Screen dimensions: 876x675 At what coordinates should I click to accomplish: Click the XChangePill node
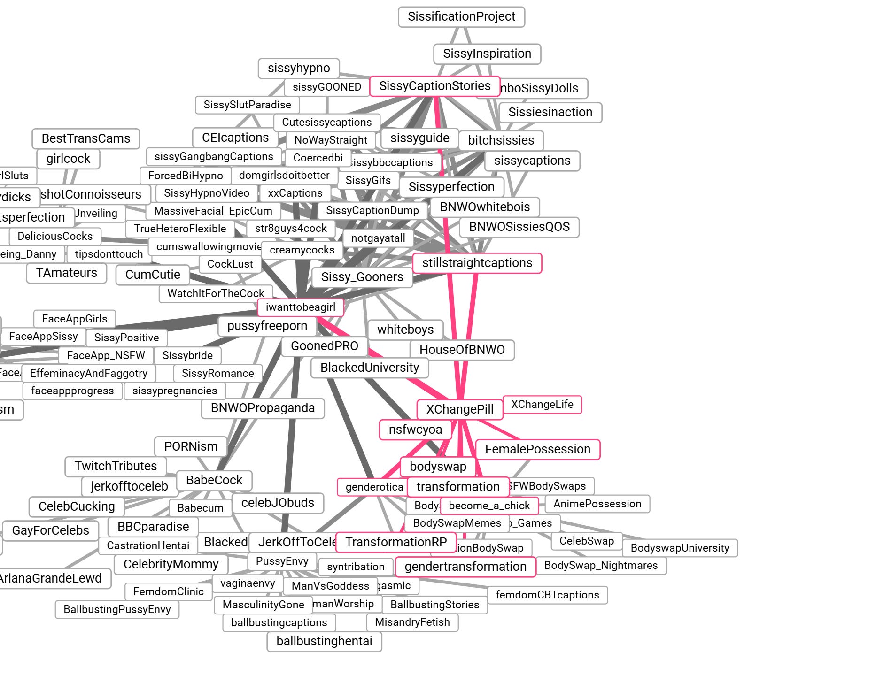[460, 409]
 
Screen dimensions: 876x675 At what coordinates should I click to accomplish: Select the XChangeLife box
[542, 404]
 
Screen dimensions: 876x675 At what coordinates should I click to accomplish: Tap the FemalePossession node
[537, 449]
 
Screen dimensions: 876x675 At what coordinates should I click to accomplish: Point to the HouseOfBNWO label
[462, 350]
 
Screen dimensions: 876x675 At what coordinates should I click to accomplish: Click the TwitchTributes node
[116, 466]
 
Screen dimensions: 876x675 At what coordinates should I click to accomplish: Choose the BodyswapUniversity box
[680, 548]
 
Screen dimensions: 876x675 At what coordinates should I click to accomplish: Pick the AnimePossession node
[597, 504]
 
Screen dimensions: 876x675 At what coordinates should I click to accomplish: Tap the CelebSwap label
[586, 541]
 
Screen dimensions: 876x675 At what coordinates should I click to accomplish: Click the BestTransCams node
[85, 138]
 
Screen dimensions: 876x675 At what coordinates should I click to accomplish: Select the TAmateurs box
[66, 273]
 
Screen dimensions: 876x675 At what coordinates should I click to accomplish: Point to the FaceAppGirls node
[74, 319]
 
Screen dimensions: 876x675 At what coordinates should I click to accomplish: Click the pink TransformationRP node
[396, 542]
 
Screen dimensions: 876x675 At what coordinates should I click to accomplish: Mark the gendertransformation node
[465, 567]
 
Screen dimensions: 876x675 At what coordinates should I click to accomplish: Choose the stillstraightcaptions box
[477, 263]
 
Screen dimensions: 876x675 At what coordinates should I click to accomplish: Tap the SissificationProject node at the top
[461, 16]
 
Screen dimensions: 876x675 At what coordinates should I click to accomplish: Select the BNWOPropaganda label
[263, 408]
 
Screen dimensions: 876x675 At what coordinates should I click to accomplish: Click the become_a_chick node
[489, 506]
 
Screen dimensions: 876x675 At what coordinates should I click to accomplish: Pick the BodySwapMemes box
[457, 523]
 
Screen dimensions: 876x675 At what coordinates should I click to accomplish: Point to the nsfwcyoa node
[415, 430]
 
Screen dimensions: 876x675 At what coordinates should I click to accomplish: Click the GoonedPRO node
[324, 346]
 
